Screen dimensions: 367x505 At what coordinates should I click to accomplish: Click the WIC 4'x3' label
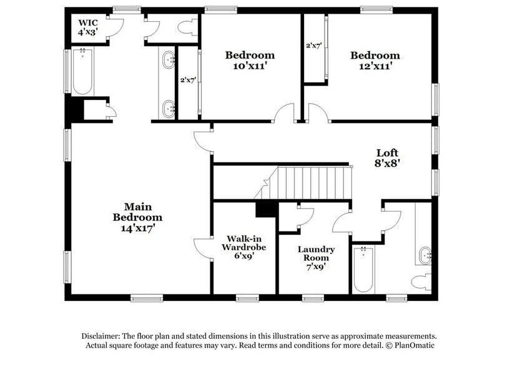[87, 26]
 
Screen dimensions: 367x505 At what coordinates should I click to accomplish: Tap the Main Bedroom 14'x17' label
[137, 217]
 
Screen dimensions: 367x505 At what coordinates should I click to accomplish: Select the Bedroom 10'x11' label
[250, 59]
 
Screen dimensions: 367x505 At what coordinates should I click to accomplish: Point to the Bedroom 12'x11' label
[375, 59]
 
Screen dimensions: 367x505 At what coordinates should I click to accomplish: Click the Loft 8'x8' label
[387, 157]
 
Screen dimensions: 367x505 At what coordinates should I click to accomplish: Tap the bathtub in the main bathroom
[82, 72]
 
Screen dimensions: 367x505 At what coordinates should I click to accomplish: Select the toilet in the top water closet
[187, 27]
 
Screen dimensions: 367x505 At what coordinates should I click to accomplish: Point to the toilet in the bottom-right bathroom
[423, 281]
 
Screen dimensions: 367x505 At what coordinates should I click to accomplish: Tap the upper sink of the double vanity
[169, 61]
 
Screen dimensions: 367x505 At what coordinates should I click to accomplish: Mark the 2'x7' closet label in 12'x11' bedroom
[313, 46]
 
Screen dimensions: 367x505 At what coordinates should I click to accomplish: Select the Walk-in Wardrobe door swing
[202, 247]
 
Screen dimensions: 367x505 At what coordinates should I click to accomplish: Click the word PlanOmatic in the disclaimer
[412, 345]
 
